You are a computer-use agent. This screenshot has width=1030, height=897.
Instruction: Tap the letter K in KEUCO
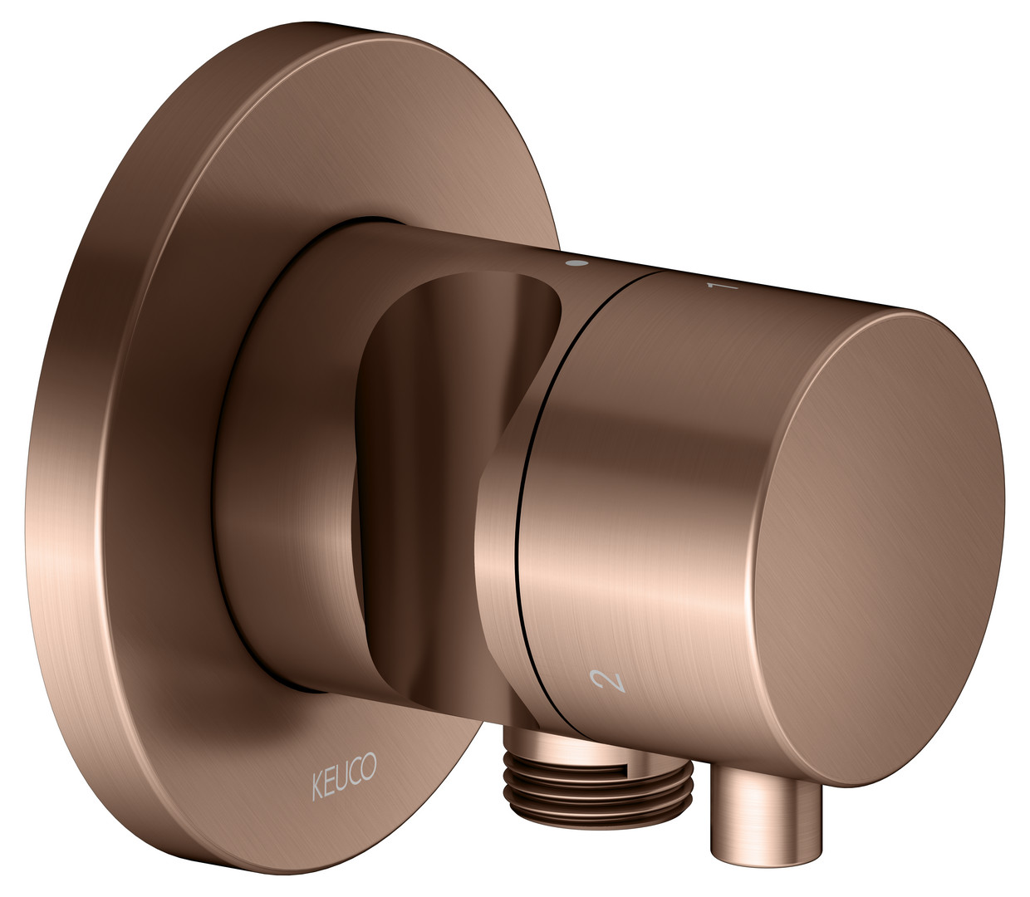click(x=317, y=787)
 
